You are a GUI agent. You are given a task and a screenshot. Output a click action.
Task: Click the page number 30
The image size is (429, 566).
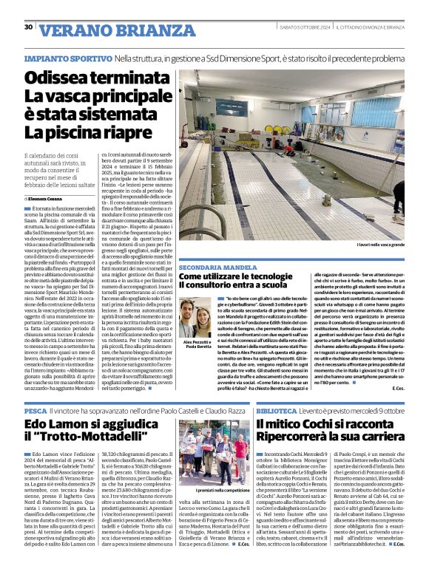click(x=28, y=27)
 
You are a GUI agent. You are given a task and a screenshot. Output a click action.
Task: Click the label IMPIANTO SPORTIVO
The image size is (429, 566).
click(x=67, y=58)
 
